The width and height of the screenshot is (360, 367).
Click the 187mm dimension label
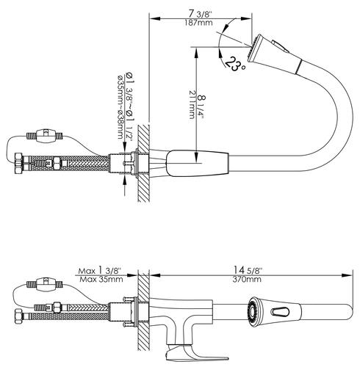coord(198,23)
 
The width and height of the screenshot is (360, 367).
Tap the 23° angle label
coord(234,63)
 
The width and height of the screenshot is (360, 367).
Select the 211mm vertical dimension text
coord(192,105)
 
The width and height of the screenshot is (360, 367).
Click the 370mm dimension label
coord(247,280)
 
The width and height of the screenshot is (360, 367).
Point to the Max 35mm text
coord(101,279)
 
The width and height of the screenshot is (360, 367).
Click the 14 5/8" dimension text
coord(247,270)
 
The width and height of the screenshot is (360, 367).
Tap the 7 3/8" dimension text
coord(200,14)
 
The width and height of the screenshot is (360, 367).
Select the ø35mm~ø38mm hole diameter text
coord(120,107)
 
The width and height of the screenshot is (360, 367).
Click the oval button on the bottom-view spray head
coord(280,311)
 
